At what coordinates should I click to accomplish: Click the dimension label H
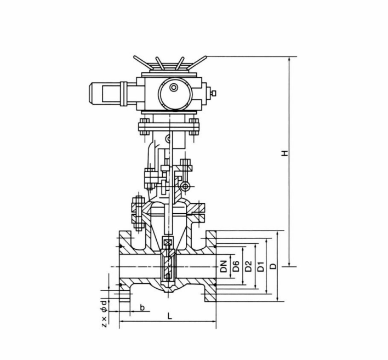pyautogui.click(x=285, y=154)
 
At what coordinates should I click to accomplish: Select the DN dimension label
pyautogui.click(x=224, y=267)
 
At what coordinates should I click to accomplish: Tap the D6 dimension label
pyautogui.click(x=236, y=267)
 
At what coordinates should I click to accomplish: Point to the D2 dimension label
pyautogui.click(x=249, y=267)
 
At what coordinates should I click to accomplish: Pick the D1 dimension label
pyautogui.click(x=262, y=267)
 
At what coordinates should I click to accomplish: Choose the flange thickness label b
pyautogui.click(x=142, y=307)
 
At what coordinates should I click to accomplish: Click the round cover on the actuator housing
pyautogui.click(x=174, y=88)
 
